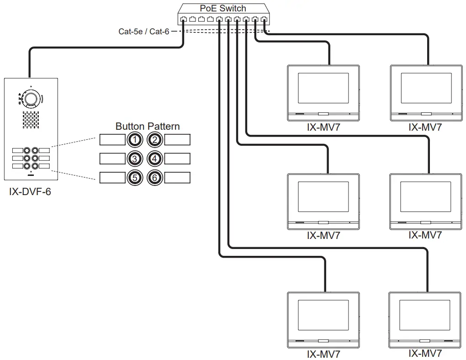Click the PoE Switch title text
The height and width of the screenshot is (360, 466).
pos(222,8)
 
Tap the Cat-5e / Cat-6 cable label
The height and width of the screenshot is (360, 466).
pos(144,32)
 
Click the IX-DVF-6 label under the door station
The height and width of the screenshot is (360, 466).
pos(30,192)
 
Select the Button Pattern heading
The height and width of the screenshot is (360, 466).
pos(147,126)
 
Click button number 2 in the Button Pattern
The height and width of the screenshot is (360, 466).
pos(155,140)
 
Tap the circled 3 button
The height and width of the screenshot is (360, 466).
pos(134,159)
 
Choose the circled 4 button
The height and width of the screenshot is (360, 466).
pos(155,159)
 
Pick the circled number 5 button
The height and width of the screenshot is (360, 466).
pos(134,178)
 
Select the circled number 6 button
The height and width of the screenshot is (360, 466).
pos(155,178)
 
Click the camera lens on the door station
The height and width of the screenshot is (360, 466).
pos(31,99)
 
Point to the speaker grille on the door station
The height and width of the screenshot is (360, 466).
pos(31,120)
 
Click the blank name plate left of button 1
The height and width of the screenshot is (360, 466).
pos(112,140)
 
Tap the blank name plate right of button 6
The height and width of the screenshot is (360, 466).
pos(177,178)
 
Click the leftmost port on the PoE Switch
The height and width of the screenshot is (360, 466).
pos(183,20)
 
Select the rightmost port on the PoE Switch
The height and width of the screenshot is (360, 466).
pos(264,20)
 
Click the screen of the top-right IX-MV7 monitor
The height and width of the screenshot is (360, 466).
pos(425,88)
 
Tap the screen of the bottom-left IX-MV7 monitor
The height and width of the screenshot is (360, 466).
pos(323,315)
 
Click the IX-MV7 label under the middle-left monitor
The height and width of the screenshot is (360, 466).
pos(323,236)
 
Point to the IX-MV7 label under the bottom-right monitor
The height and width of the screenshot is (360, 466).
pos(425,353)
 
